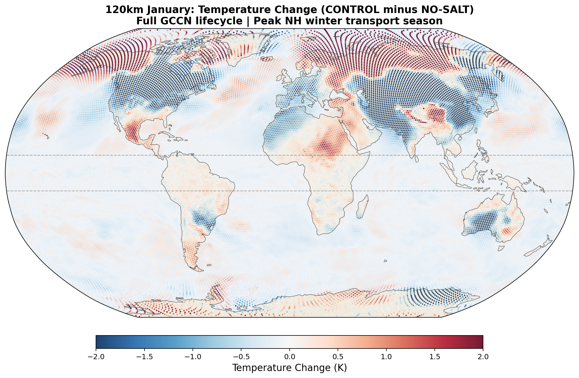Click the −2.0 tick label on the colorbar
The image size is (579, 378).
pos(96,357)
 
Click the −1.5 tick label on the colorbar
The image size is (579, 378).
pos(144,357)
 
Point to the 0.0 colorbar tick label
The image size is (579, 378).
pos(289,357)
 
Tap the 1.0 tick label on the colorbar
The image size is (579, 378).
pos(386,357)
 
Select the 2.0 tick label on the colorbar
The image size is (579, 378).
pos(483,357)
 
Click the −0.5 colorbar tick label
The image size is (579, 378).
pos(241,357)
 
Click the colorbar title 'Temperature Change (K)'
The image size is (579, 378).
pos(289,368)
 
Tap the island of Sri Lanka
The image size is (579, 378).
pos(417,159)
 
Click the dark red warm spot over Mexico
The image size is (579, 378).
pos(133,132)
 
